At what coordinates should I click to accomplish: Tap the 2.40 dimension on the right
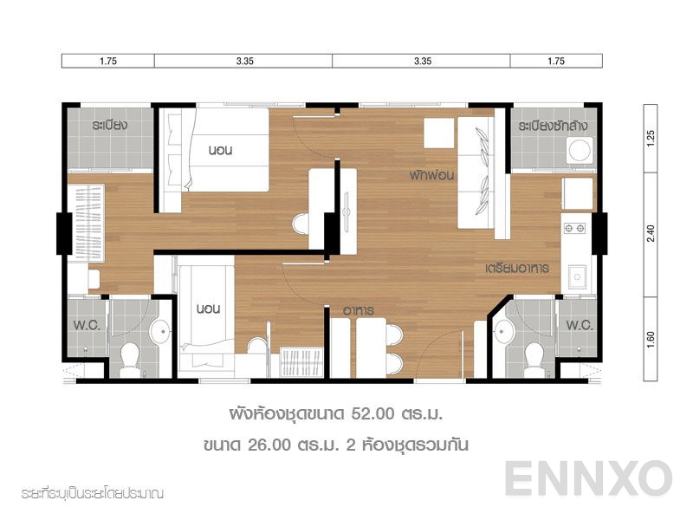pos(651,233)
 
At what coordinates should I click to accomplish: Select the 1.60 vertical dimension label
pos(651,336)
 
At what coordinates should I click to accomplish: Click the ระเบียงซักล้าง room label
pos(554,127)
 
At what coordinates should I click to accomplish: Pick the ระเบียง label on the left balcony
pos(110,125)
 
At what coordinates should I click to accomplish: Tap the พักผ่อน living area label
pos(433,174)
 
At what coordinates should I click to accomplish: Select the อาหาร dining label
pos(358,309)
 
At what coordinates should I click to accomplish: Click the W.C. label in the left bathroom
pos(85,327)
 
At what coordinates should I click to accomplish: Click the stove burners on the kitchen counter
pos(574,228)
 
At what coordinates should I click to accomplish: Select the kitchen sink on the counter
pos(575,277)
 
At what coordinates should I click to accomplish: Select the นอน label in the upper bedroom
pos(221,150)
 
